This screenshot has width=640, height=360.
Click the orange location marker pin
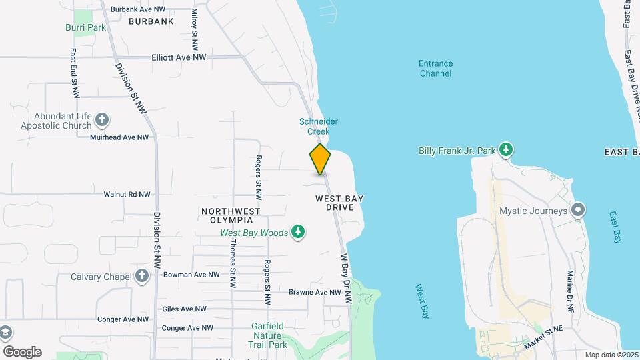pyautogui.click(x=320, y=159)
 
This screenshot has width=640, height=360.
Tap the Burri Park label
pyautogui.click(x=85, y=27)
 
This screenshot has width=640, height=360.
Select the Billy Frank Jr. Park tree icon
pyautogui.click(x=507, y=150)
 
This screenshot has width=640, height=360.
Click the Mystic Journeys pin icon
pyautogui.click(x=579, y=211)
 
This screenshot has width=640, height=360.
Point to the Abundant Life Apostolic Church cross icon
pyautogui.click(x=102, y=121)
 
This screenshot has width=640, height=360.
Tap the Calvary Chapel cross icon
pyautogui.click(x=141, y=276)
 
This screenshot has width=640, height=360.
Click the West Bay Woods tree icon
pyautogui.click(x=299, y=232)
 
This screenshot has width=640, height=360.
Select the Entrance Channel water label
pyautogui.click(x=435, y=68)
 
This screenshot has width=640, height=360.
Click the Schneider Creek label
pyautogui.click(x=319, y=126)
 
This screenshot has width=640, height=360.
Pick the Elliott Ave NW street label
pyautogui.click(x=179, y=58)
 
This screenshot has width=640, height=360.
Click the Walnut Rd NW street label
pyautogui.click(x=127, y=195)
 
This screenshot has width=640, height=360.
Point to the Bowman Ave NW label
pyautogui.click(x=191, y=275)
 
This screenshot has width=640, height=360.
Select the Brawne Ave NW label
pyautogui.click(x=315, y=292)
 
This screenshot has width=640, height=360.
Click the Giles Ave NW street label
pyautogui.click(x=184, y=309)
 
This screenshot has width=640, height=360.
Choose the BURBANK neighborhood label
pyautogui.click(x=151, y=21)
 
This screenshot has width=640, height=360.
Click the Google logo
pyautogui.click(x=22, y=352)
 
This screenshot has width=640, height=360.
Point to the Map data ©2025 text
pyautogui.click(x=611, y=355)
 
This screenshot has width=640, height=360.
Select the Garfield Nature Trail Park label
pyautogui.click(x=269, y=335)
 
